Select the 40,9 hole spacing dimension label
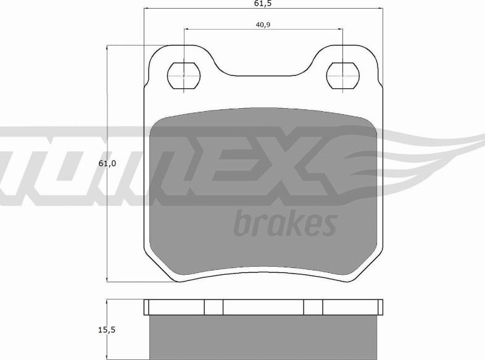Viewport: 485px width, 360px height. point(263,25)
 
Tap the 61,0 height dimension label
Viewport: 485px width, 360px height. point(107,164)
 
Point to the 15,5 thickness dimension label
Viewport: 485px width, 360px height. point(107,330)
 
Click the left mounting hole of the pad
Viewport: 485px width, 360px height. point(184,75)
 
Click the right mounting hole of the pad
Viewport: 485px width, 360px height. point(342,75)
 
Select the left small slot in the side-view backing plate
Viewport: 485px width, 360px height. point(213,307)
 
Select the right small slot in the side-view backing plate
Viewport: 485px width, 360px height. point(313,307)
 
